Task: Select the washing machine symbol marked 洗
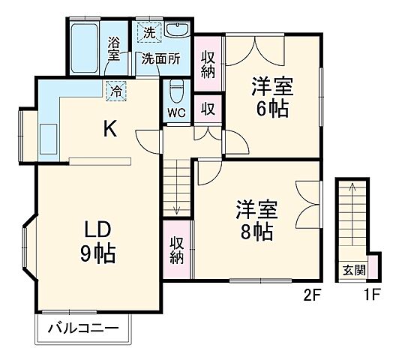148,32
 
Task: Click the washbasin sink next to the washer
177,32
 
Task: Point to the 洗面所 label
162,58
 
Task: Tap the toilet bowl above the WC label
176,92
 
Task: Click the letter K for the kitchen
109,129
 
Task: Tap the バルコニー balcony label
83,328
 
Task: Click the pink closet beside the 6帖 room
207,63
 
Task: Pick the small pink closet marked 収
208,108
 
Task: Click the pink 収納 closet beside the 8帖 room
177,250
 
